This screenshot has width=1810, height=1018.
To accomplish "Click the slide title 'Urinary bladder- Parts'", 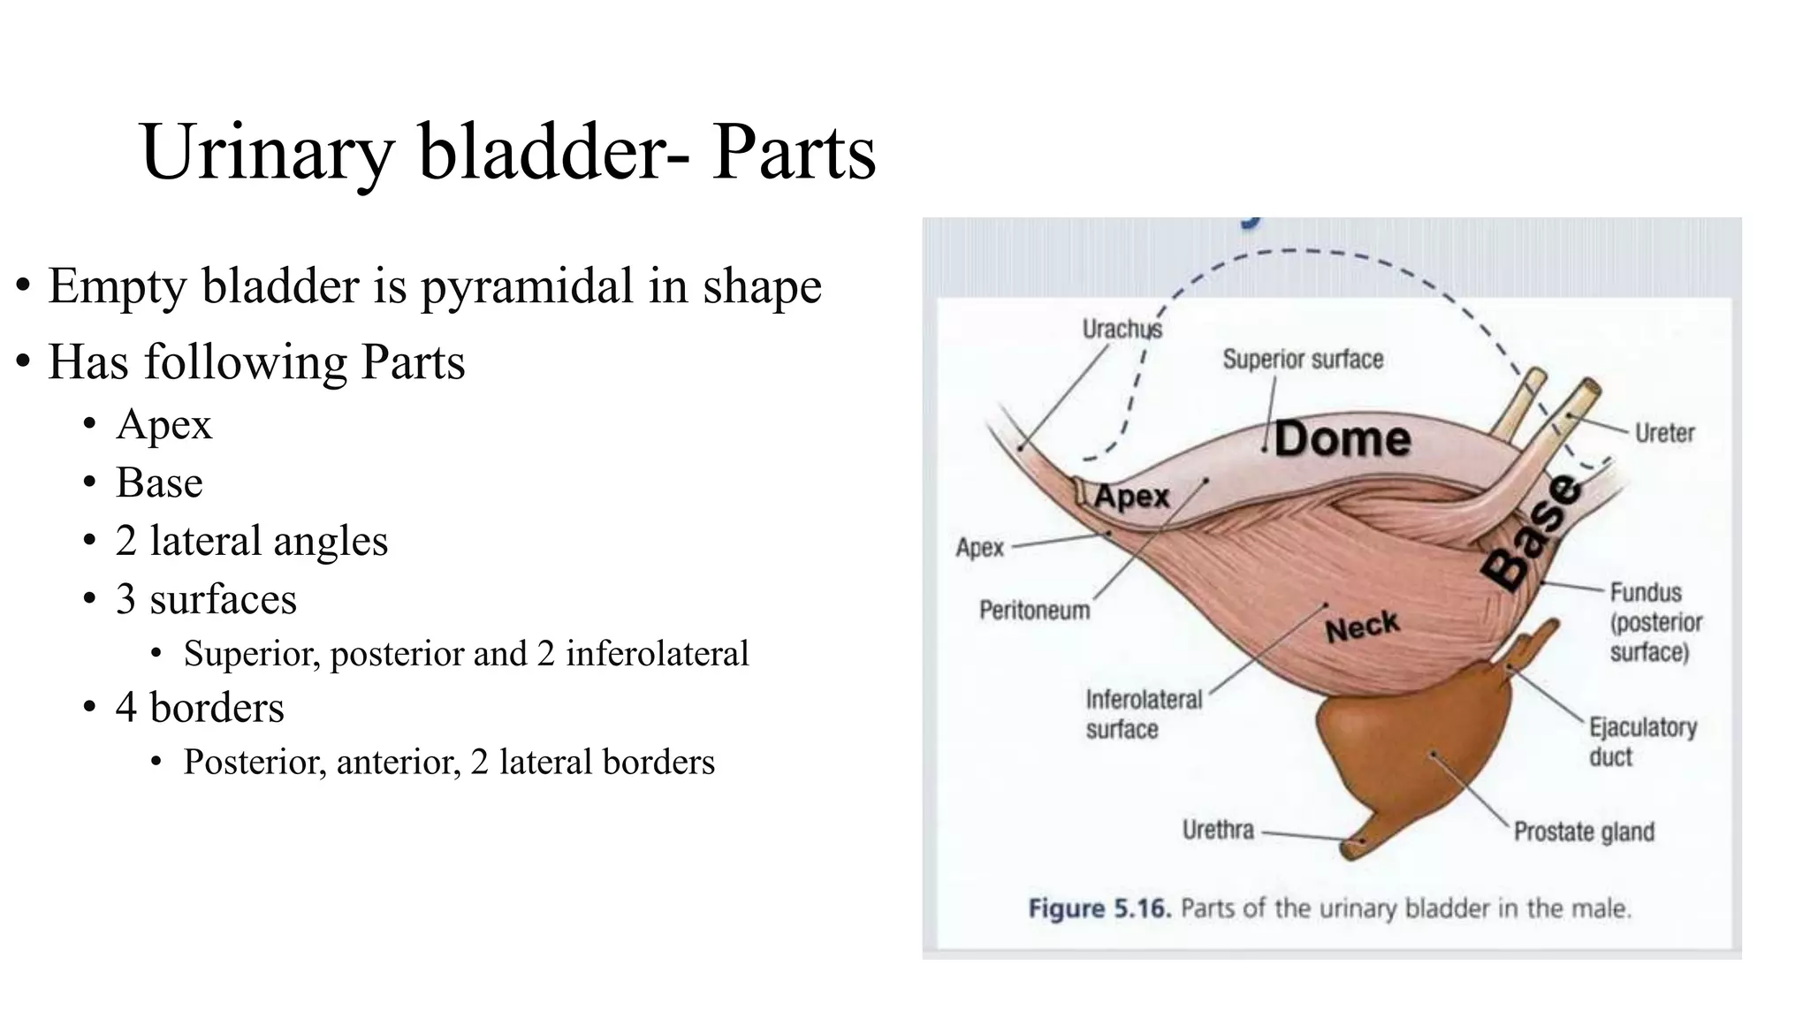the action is point(507,152).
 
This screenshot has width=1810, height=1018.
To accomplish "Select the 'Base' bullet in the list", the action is point(159,482).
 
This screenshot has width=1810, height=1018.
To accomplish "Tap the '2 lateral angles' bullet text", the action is point(251,541).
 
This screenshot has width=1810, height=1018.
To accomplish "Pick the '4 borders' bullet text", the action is point(200,707).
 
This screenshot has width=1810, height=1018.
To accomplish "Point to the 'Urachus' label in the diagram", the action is point(1122,329).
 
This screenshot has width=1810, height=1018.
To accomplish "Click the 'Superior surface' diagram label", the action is point(1303,360).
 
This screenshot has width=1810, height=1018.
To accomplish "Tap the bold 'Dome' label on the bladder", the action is point(1342,439).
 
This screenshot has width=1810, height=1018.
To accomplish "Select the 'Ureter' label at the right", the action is point(1664,433).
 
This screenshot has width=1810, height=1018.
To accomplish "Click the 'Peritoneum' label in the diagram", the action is point(1034,610).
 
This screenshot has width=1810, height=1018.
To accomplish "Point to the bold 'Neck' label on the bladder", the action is point(1362,627).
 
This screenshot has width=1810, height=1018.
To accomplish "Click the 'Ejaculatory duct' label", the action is point(1642,741).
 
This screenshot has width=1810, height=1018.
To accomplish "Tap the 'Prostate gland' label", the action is point(1584,832).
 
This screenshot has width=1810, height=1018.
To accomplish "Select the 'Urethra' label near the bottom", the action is point(1218,830).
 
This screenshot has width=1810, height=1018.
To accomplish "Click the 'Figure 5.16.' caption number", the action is point(1099,908).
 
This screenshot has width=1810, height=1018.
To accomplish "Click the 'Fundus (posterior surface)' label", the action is point(1654,622).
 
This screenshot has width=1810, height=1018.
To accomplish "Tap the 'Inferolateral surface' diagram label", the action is point(1143,714).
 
